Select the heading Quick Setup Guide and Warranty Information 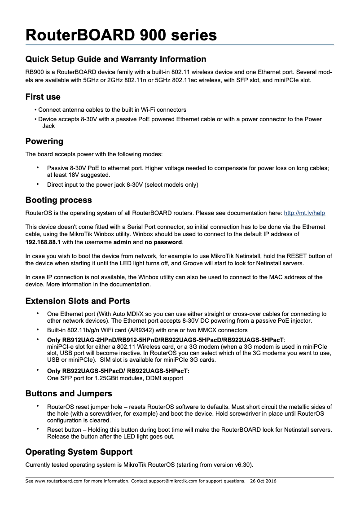pos(116,59)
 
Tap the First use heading pos(43,97)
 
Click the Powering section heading pos(44,141)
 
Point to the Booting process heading pos(58,200)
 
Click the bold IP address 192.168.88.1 pos(43,242)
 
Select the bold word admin pos(122,242)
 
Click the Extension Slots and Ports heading pos(78,301)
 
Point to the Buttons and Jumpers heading pos(69,394)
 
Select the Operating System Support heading pos(79,452)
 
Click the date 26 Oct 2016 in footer pos(263,481)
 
